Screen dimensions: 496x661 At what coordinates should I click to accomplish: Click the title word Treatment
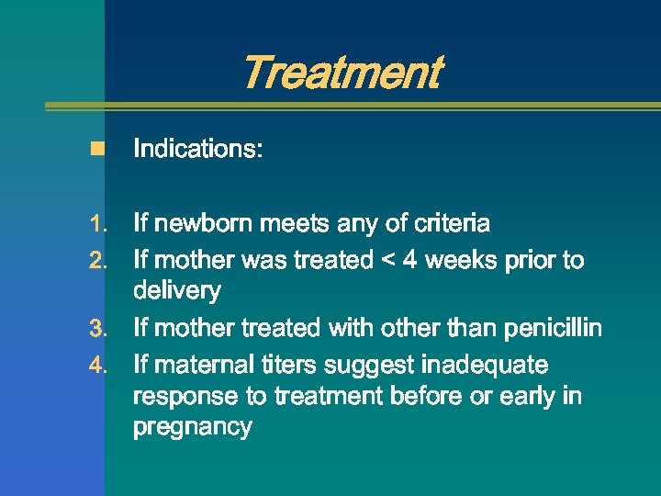pos(342,73)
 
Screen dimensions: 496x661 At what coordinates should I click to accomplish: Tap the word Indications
pos(197,149)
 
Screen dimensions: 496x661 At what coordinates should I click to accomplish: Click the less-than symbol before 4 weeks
pos(387,261)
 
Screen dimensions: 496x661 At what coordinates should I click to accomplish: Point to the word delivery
pos(177,292)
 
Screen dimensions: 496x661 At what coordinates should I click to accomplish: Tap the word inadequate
pos(484,365)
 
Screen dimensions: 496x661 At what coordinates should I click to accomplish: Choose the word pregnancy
pos(192,428)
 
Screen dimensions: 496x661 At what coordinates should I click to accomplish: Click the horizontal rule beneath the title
pos(353,106)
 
